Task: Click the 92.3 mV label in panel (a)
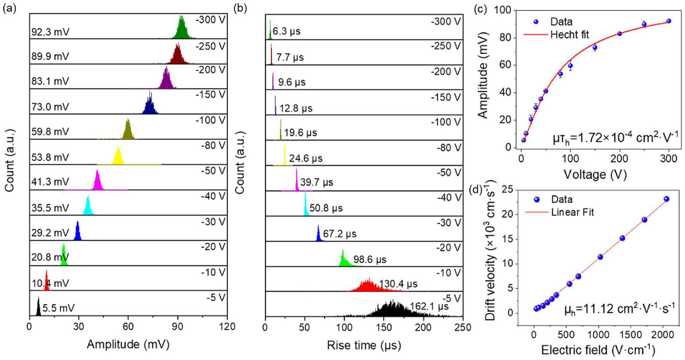[x=50, y=32]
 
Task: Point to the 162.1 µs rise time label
[x=429, y=306]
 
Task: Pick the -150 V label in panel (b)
[x=446, y=97]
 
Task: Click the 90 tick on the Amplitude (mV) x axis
[x=177, y=326]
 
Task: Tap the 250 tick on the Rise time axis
[x=463, y=327]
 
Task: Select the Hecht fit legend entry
[x=556, y=35]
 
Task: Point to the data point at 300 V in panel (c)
[x=669, y=21]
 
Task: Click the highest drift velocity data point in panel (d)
[x=667, y=199]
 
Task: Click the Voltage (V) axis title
[x=595, y=174]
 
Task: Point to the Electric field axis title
[x=598, y=350]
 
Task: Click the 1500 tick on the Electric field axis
[x=631, y=335]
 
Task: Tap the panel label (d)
[x=476, y=190]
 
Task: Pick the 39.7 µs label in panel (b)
[x=317, y=182]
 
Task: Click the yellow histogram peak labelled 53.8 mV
[x=118, y=156]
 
